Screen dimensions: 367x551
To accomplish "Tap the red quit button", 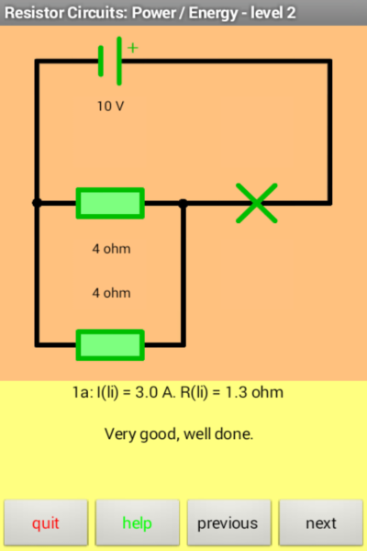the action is point(46,523).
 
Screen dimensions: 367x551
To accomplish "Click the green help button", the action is point(138,523).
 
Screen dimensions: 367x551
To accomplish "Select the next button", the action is point(320,523).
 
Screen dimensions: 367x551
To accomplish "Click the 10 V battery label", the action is point(111,107).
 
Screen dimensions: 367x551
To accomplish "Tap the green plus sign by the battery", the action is point(133,48).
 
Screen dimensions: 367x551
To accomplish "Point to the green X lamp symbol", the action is point(257,203).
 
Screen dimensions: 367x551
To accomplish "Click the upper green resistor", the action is point(110,203).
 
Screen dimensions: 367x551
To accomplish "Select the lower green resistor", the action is point(110,344).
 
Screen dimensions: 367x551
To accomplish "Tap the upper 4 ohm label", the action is point(111,249).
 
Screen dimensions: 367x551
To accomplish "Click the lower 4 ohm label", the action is point(111,293).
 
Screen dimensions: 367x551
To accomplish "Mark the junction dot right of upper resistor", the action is point(183,203).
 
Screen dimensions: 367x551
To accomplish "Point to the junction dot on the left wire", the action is point(37,203).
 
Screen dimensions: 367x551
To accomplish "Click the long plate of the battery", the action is point(119,61).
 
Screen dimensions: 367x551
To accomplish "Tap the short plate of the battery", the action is point(101,61).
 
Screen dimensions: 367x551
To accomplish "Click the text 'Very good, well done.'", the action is point(179,434).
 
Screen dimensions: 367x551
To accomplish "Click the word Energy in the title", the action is point(213,14).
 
